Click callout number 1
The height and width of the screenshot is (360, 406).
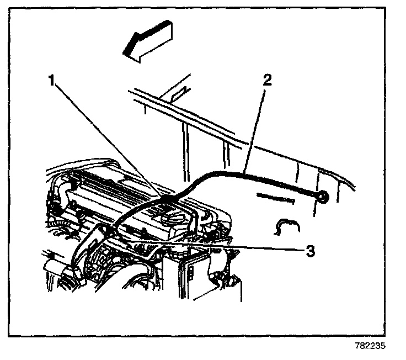coord(51,81)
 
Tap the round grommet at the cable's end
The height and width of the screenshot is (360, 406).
coord(320,195)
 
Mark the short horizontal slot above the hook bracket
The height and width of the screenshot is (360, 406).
coord(276,196)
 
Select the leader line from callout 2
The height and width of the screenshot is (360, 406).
coord(257,124)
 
